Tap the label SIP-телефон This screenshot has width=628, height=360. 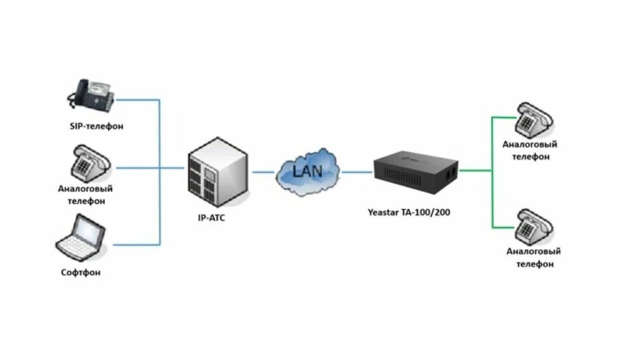96,127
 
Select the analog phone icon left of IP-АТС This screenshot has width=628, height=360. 91,163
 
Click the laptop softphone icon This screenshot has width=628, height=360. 80,237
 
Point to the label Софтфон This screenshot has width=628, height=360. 81,273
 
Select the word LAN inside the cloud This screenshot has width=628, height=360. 308,169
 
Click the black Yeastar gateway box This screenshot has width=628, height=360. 416,169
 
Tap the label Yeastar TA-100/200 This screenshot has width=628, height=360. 410,212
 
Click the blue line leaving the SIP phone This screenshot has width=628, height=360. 138,100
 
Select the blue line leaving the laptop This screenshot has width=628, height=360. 134,244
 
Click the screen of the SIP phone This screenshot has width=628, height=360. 101,88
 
